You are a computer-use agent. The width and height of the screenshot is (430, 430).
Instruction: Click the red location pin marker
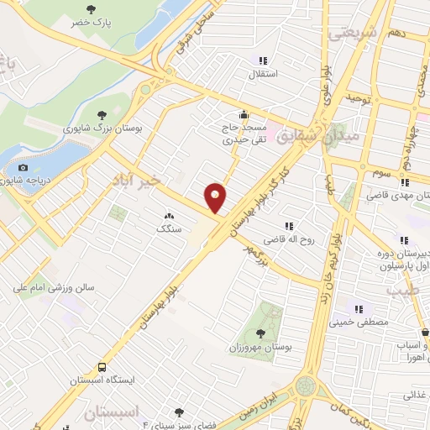tap(216, 198)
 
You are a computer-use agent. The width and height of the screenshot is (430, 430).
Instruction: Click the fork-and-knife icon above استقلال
tap(263, 60)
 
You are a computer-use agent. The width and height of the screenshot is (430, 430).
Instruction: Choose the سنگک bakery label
tap(167, 228)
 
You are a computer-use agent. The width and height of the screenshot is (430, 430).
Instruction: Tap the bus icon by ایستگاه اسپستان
tap(102, 367)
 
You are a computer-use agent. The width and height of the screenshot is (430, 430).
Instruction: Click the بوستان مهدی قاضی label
tap(399, 196)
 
